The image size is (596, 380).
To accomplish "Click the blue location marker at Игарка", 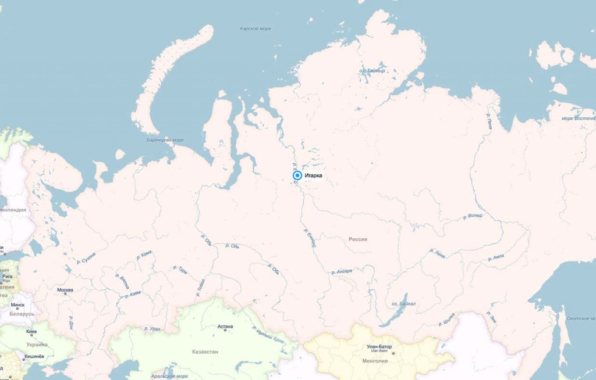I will point(297,175).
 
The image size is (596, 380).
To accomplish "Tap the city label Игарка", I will point(314,175).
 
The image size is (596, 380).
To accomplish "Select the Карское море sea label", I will point(256,28).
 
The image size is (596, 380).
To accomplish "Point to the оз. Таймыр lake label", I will point(372,71).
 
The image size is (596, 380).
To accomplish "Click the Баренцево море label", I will point(165,140).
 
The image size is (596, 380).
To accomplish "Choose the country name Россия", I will point(358,239).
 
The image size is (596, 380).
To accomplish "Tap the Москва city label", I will point(65,289).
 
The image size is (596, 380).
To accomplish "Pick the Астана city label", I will point(225,327).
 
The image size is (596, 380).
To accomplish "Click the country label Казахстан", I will point(205,352).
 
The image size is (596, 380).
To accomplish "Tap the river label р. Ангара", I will point(340,271).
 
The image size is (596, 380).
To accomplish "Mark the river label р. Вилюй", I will point(472,217).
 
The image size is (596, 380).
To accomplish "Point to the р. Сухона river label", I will point(86,259).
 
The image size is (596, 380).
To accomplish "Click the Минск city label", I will point(17,304).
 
